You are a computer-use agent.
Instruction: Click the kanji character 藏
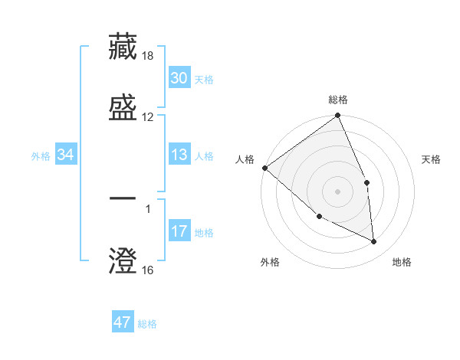(x=123, y=46)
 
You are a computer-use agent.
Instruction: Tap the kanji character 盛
(x=123, y=106)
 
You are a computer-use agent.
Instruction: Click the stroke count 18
(x=148, y=56)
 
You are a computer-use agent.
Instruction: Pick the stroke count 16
(x=148, y=270)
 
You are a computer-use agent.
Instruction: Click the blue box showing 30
(x=179, y=78)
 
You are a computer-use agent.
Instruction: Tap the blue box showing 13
(x=179, y=155)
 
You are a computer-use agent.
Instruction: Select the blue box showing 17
(x=179, y=231)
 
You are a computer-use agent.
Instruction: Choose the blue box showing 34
(x=66, y=155)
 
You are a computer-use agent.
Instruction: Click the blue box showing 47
(x=123, y=322)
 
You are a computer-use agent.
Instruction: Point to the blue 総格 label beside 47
(x=147, y=324)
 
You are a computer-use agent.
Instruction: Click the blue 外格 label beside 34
(x=41, y=156)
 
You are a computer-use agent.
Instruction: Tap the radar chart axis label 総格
(x=338, y=100)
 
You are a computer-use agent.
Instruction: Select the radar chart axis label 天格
(x=432, y=159)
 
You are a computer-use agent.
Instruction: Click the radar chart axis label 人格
(x=244, y=159)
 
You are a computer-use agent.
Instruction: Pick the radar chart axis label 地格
(x=402, y=262)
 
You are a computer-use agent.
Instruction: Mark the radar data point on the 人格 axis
(x=264, y=168)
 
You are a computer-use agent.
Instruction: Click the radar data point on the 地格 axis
(x=374, y=241)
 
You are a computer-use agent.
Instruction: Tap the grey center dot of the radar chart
(x=338, y=191)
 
